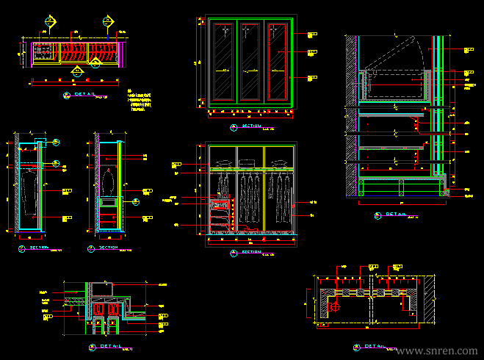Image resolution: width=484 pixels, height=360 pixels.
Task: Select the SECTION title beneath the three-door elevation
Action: [250, 126]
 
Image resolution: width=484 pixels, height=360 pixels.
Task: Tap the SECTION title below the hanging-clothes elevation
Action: [250, 252]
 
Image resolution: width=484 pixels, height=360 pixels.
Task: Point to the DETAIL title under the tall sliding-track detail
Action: [394, 214]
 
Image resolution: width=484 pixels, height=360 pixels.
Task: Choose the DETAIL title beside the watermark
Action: [372, 345]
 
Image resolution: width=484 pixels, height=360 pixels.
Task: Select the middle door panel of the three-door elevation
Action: [250, 64]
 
